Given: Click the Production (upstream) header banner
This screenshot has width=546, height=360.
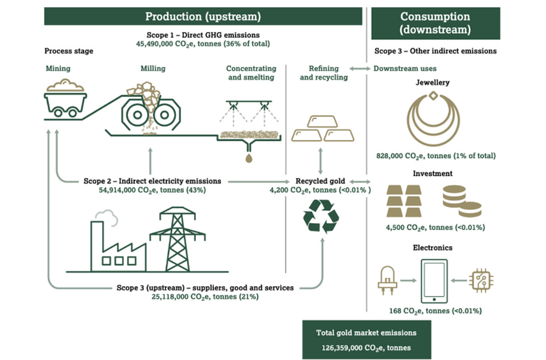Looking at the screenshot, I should tap(204, 16).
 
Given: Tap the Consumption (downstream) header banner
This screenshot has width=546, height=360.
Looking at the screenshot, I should tap(435, 22).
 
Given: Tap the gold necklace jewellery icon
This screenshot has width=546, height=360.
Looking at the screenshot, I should tap(434, 118).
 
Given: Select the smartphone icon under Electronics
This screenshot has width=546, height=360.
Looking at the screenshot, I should tap(434, 280).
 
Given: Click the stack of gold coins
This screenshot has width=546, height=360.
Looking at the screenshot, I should tap(461, 201).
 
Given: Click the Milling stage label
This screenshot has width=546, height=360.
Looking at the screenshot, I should tap(153, 69).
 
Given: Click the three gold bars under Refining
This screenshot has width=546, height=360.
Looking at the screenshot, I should tap(319, 129).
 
